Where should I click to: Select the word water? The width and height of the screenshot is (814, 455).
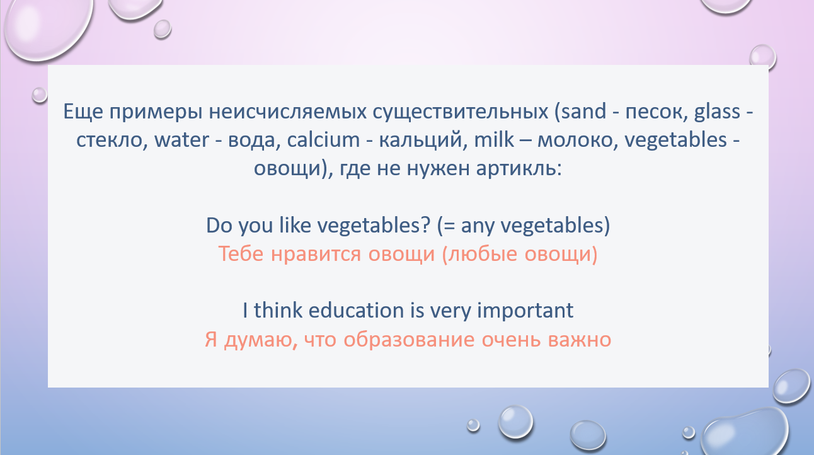(x=181, y=141)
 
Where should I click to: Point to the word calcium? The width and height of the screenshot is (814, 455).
(x=323, y=139)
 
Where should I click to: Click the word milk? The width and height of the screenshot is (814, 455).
(x=494, y=139)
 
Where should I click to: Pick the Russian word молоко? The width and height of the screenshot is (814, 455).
(x=578, y=141)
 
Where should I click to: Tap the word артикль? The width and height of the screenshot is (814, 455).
(x=519, y=169)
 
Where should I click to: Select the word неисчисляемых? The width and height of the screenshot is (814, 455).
(x=287, y=112)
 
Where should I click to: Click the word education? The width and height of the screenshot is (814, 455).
(x=356, y=310)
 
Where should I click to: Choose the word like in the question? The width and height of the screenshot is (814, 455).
(x=295, y=226)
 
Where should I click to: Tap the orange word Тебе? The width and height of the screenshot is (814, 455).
(x=241, y=254)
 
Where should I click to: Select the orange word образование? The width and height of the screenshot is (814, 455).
(x=409, y=340)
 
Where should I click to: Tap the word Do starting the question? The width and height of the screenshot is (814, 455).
(x=219, y=226)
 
